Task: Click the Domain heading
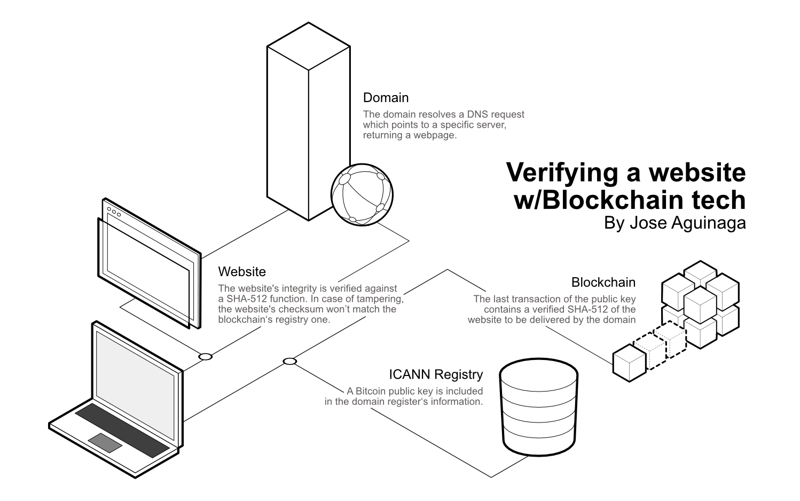click(x=386, y=98)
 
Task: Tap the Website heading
click(x=242, y=272)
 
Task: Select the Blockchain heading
click(x=603, y=282)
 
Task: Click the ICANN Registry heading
click(x=436, y=374)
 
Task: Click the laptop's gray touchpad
click(x=105, y=443)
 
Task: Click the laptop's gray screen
click(x=135, y=374)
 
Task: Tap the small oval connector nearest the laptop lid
click(x=205, y=356)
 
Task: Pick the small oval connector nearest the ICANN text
click(x=289, y=362)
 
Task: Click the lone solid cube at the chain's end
click(x=629, y=363)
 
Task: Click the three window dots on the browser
click(x=114, y=212)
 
